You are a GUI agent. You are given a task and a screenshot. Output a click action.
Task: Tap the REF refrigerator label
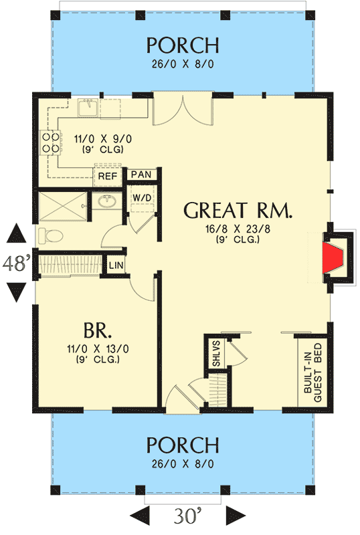click(107, 176)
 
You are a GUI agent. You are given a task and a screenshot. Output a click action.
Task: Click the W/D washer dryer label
click(141, 198)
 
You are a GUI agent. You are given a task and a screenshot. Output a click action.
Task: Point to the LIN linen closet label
click(116, 267)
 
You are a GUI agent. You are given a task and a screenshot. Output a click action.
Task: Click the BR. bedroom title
click(97, 332)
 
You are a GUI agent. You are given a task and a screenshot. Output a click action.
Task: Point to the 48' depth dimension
click(16, 263)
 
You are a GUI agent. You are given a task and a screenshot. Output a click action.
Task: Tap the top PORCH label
click(183, 45)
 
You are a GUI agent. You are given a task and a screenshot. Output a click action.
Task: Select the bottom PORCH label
click(183, 445)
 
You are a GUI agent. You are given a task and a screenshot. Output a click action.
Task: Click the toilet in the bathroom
click(51, 234)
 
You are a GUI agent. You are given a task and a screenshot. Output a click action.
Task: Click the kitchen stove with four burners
click(50, 142)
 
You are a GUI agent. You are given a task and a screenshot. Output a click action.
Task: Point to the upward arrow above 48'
click(16, 235)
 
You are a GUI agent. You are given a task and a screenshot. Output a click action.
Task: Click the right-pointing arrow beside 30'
click(235, 516)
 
